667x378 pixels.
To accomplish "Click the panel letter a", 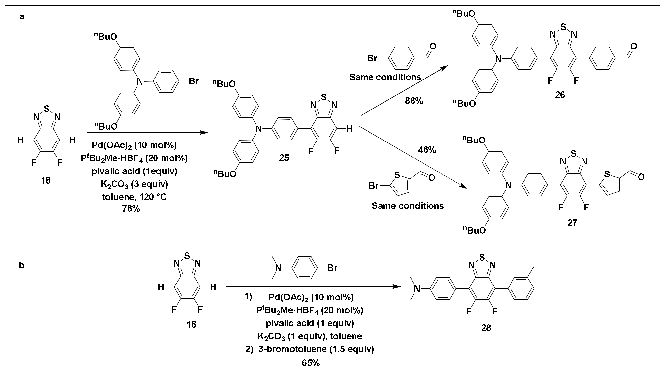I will point(22,17).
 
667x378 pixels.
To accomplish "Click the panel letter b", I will point(22,265).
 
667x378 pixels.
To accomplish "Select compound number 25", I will point(284,157).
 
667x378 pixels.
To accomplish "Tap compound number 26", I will point(560,95).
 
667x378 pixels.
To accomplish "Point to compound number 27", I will point(572,223).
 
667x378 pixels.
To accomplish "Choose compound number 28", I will point(486,328).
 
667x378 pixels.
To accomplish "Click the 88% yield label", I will point(414,101).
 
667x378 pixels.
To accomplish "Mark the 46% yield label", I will point(427,150).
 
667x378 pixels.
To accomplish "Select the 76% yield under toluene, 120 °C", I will point(131,209).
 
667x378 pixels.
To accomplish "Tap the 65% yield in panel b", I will point(311,363).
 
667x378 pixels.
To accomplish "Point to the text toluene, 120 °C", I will point(134,197).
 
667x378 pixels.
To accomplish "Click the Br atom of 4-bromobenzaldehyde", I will point(372,58).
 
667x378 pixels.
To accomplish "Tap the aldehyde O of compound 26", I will point(634,47).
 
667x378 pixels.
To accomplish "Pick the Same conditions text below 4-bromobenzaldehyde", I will point(385,77).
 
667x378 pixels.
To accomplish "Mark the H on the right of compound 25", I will point(350,128).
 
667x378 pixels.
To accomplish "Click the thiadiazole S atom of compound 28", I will point(482,257).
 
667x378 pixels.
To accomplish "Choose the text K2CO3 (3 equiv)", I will point(134,184).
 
